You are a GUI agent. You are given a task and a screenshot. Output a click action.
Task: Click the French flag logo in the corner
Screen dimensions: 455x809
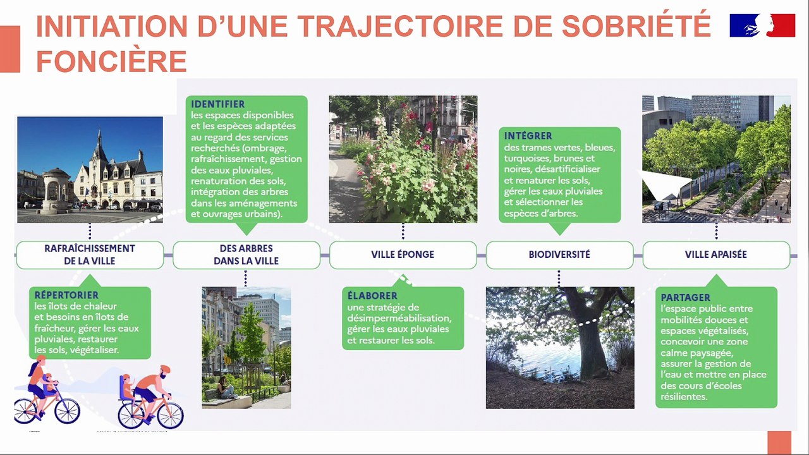coord(762,25)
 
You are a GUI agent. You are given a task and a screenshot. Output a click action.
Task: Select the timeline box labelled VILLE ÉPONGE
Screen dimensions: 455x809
coord(403,255)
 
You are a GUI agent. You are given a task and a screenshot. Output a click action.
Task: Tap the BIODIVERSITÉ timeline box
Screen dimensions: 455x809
coord(559,255)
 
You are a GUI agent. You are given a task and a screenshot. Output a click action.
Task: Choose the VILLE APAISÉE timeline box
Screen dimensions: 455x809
coord(716,255)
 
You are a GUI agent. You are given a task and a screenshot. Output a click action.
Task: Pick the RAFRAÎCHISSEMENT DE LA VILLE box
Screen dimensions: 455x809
coord(90,255)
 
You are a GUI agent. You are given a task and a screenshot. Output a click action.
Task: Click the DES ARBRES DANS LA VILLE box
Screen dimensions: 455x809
coord(246,255)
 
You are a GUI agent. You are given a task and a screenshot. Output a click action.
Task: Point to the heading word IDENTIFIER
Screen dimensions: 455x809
coord(218,104)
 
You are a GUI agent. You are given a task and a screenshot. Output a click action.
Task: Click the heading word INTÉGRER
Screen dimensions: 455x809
coord(528,136)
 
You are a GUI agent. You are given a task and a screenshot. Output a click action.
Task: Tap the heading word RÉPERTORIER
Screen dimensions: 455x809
coord(66,295)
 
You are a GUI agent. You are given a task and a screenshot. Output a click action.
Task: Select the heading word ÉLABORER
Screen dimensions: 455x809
coord(372,296)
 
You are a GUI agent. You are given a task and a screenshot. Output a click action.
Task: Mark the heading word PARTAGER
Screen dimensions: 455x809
coord(686,297)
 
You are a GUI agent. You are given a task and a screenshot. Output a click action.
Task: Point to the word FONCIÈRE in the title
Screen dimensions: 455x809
coord(111,61)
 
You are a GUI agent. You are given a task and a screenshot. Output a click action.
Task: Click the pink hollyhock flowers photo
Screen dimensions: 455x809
coord(403,159)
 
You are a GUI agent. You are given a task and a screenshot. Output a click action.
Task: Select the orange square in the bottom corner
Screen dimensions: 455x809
coord(779,442)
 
